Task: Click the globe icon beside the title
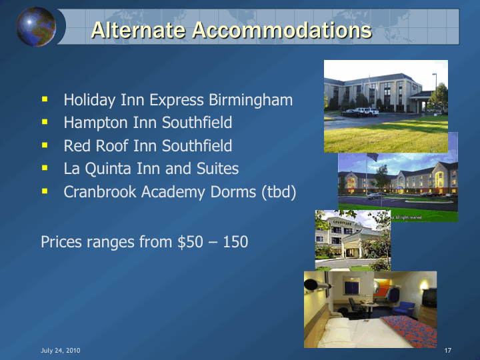(x=36, y=27)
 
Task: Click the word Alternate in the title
(x=139, y=30)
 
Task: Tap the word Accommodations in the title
(x=281, y=30)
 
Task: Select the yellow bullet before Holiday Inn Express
(x=45, y=99)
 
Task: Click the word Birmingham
(x=251, y=101)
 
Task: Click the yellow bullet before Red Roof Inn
(x=45, y=145)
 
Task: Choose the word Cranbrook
(x=100, y=191)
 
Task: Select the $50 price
(x=190, y=242)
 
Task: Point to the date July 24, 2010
(x=61, y=351)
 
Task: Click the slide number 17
(x=448, y=351)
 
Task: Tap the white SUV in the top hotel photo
(x=367, y=111)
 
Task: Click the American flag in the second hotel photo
(x=373, y=157)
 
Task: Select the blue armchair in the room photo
(x=403, y=308)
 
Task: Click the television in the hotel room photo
(x=429, y=297)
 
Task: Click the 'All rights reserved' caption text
(x=407, y=217)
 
